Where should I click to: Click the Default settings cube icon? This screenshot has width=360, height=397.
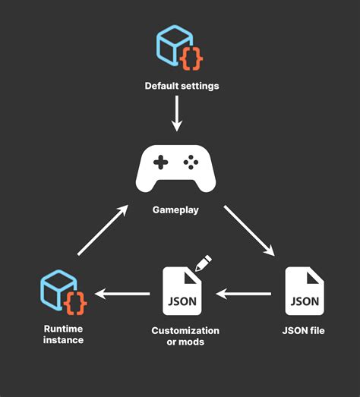176,46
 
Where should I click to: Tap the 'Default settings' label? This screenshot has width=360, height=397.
182,86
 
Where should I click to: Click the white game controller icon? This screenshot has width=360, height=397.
177,169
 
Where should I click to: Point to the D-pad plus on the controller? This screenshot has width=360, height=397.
160,162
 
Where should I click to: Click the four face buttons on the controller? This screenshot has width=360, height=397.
193,162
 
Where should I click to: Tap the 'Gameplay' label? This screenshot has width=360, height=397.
177,210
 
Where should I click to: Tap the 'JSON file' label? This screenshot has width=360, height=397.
304,330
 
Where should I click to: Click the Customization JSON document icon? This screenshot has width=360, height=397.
182,291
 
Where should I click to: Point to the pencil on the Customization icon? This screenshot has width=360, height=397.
203,263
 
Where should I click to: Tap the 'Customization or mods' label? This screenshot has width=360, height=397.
185,336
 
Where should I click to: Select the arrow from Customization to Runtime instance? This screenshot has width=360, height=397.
122,292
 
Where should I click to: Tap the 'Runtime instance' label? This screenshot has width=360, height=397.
63,334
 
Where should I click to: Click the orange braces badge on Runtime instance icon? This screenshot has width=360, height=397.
76,303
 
